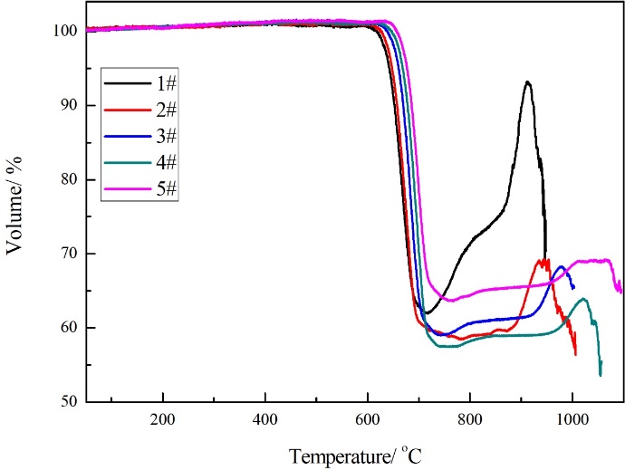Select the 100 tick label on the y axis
[63, 31]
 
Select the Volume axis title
[15, 216]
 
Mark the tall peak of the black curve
[526, 82]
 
